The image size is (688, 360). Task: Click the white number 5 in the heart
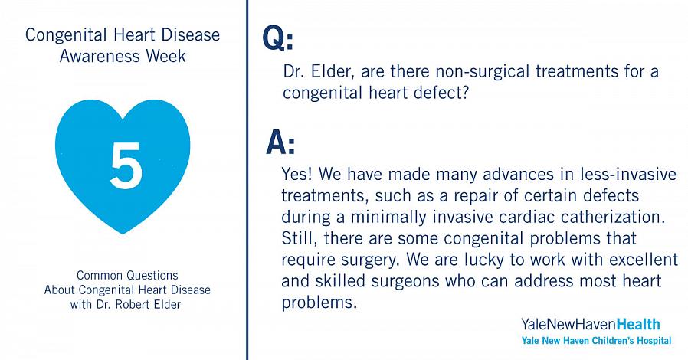pos(126,165)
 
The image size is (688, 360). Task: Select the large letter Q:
pos(278,38)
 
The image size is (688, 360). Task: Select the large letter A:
pos(281,143)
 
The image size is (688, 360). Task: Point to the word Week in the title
pos(165,56)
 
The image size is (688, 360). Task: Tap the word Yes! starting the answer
pos(296,174)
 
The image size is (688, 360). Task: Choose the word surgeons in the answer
pos(405,282)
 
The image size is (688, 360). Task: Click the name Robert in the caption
pos(131,304)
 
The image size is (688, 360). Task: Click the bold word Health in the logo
pos(638,325)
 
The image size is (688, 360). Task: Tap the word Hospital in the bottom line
pos(651,341)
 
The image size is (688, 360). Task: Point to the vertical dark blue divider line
pos(247,180)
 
